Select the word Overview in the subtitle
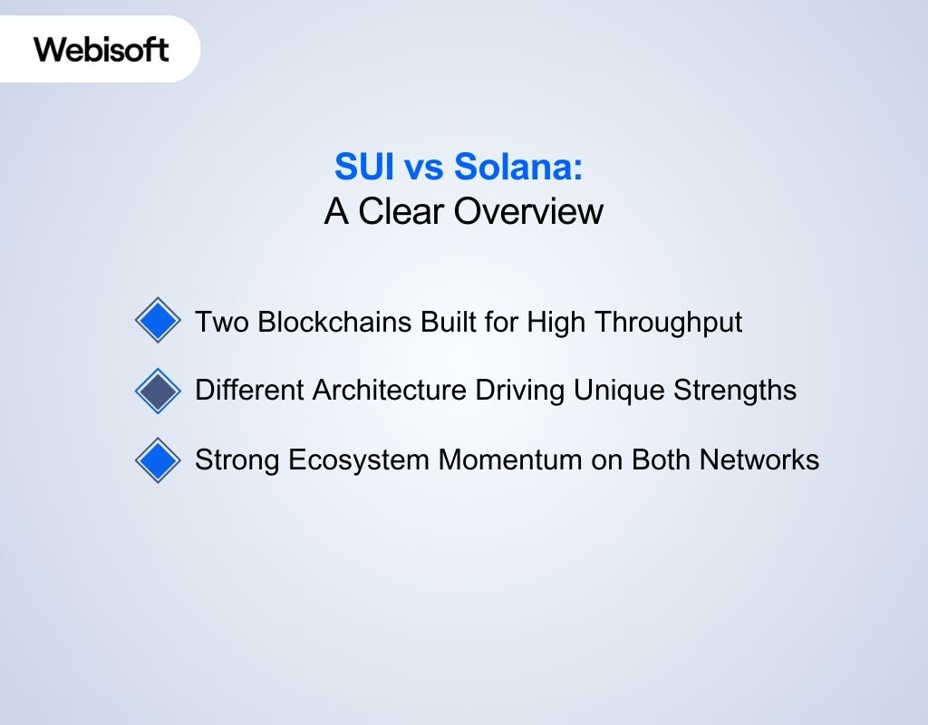coord(528,211)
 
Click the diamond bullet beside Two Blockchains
coord(158,321)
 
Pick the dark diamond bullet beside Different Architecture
coord(158,391)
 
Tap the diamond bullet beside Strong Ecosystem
coord(158,460)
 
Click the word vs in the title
coord(421,168)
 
